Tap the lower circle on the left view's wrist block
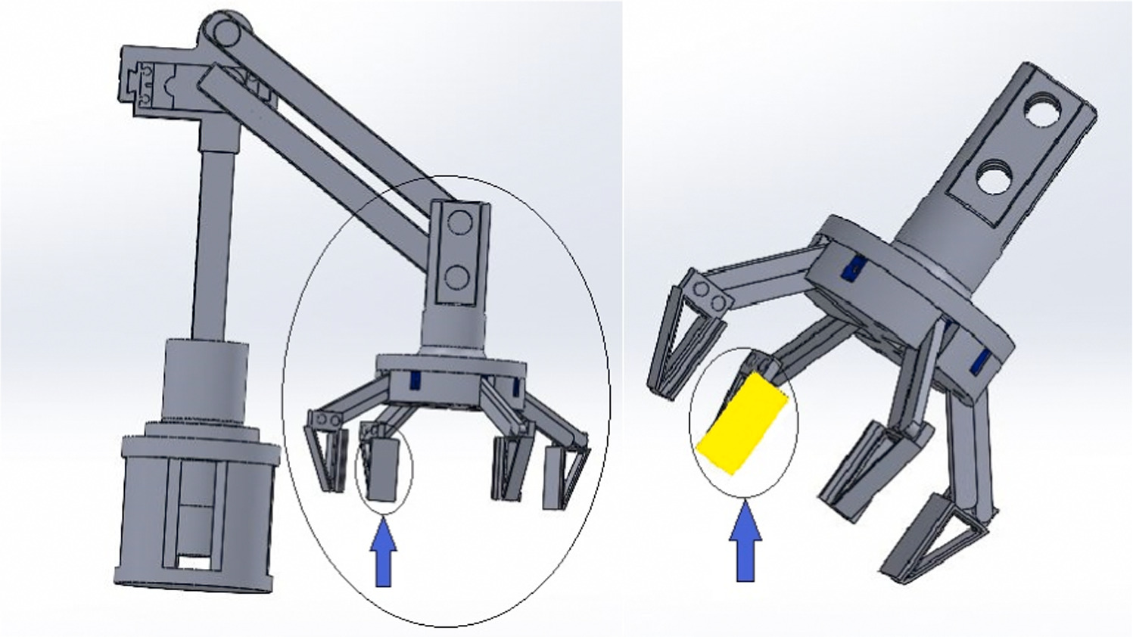[x=457, y=277]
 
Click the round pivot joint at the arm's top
[x=221, y=33]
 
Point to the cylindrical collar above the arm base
[x=206, y=378]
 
